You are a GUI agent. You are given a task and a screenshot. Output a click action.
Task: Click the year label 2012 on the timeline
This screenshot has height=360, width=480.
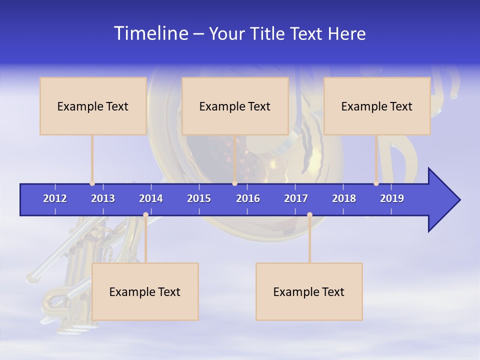point(55,198)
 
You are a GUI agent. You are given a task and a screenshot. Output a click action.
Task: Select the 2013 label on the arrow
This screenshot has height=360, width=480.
point(103,198)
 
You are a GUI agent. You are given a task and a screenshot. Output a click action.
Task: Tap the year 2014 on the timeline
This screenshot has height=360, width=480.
point(151,198)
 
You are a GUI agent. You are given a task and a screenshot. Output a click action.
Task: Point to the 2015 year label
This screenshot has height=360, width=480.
point(199,198)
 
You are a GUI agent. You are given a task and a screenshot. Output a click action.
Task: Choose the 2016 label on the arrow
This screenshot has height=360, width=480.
point(248,198)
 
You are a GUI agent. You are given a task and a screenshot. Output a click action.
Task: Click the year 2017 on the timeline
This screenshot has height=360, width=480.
point(296,198)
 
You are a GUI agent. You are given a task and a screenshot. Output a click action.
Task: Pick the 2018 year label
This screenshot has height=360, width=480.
point(344,198)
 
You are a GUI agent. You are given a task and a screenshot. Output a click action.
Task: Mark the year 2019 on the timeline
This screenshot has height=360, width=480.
point(392,198)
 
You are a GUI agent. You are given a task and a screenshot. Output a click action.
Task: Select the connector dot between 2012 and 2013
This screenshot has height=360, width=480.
point(92,183)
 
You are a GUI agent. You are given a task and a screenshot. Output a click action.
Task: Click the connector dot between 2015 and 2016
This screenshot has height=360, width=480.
point(234,183)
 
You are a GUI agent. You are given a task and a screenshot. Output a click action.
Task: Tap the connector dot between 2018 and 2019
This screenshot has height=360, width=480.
point(376,183)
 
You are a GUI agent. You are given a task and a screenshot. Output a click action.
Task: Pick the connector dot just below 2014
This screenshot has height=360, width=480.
point(145,214)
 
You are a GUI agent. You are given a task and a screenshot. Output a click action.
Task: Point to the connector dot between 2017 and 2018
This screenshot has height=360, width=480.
point(309,214)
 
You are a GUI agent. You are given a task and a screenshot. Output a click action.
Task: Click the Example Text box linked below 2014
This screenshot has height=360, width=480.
point(145,291)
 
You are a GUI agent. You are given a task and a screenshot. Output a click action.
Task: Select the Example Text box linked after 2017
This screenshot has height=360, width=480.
point(309,291)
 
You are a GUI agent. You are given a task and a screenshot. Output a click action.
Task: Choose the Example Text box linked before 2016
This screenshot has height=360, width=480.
point(235,106)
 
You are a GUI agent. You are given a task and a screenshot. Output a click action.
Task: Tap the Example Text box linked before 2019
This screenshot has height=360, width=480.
point(377,106)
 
